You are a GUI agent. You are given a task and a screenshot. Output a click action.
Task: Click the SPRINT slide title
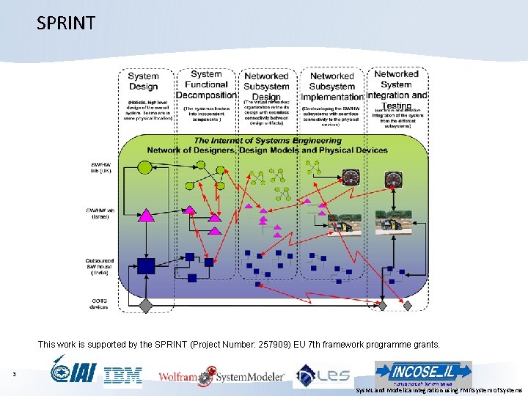pos(66,23)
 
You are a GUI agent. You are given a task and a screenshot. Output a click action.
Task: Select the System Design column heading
pos(143,81)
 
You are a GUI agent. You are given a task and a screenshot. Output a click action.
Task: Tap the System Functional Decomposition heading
pos(206,84)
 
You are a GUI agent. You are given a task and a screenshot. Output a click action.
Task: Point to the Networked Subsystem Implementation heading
pos(332,86)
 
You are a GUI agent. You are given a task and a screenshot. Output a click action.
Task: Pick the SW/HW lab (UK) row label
pos(100,168)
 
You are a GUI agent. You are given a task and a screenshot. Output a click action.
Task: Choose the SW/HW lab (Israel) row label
pos(100,214)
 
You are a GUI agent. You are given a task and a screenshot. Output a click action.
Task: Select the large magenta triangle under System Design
pos(147,214)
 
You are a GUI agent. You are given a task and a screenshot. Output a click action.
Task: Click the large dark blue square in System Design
pos(146,266)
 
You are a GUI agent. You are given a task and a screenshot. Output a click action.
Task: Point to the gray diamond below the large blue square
pos(146,304)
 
